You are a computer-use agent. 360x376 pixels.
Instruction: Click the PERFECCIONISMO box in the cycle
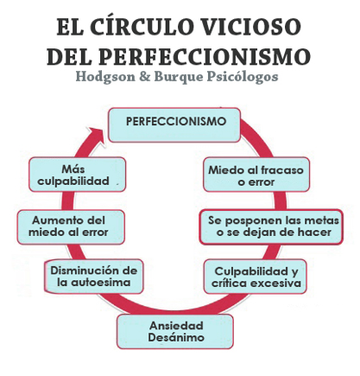coord(174,125)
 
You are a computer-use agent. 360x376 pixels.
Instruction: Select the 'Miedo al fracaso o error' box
coord(256,175)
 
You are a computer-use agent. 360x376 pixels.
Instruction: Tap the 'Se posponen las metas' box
coord(271,227)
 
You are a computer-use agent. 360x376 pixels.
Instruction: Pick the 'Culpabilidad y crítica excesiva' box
coord(256,277)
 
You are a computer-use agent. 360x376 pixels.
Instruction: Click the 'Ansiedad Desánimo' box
coord(175,332)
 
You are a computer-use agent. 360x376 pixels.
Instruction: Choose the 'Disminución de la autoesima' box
coord(94,277)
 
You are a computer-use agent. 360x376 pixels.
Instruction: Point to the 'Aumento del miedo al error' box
coord(71,227)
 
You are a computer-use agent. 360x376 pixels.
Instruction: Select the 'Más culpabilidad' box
coord(78,175)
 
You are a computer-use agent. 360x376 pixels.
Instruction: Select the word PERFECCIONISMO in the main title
coord(205,56)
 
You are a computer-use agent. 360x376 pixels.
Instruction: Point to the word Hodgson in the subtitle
coord(105,77)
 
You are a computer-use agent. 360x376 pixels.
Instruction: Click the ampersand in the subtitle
coord(144,77)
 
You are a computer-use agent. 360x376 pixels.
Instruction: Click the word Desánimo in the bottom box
coord(176,337)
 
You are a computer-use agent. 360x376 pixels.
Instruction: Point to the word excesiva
coord(275,283)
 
